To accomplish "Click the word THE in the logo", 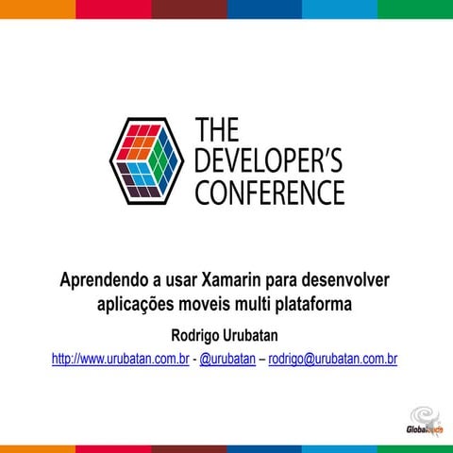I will [x=217, y=130].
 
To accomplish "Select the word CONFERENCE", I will [x=269, y=193].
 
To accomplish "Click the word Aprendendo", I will [x=102, y=280].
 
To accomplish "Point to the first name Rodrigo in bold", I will [x=195, y=335].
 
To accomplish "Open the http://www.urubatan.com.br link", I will [x=121, y=360].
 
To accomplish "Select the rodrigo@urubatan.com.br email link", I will [x=333, y=360].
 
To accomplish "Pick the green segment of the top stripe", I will [x=415, y=8].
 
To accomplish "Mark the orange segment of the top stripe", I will [x=38, y=8].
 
